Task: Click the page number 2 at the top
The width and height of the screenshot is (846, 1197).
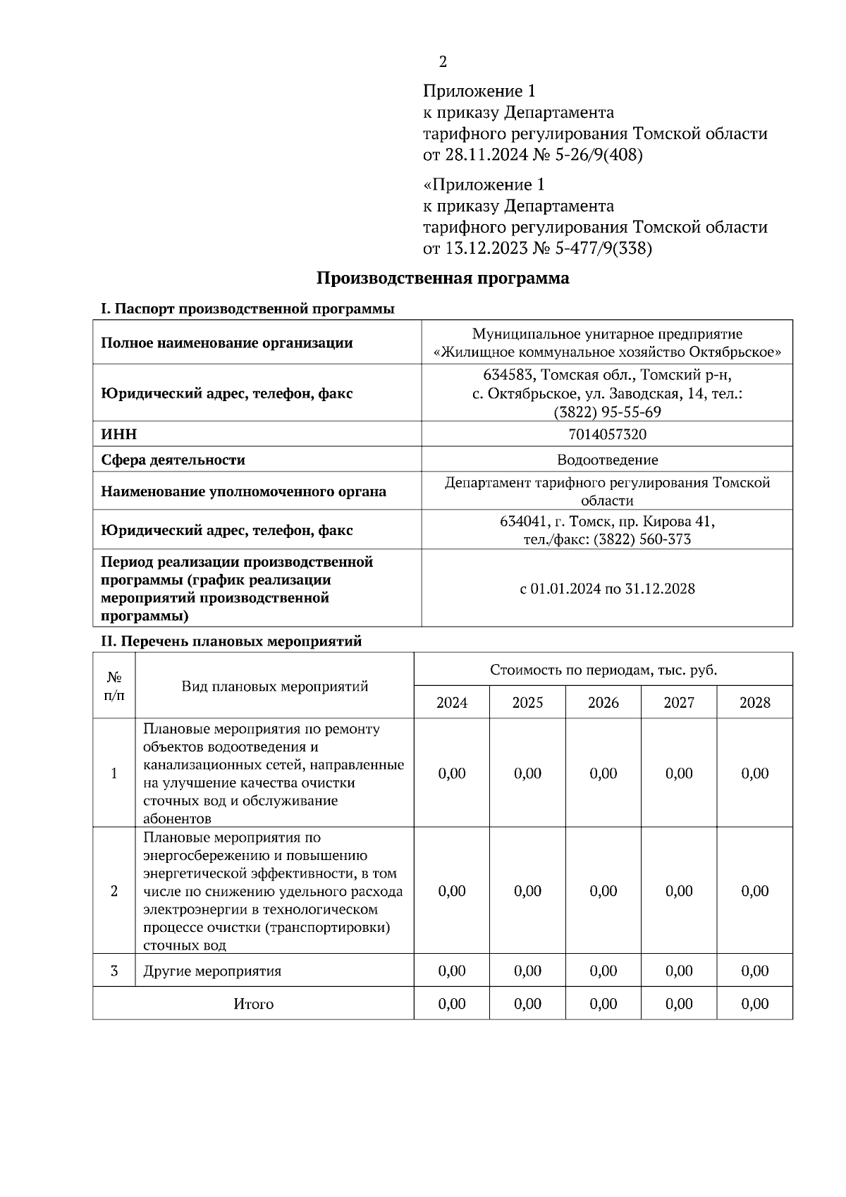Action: pos(443,62)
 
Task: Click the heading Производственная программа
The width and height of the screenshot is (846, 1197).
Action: pos(442,278)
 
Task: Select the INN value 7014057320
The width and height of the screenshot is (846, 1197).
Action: pos(607,434)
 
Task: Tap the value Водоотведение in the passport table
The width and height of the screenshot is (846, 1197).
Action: pos(607,460)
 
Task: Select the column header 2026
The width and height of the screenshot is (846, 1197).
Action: pos(603,702)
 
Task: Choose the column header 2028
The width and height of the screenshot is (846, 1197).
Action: pos(754,702)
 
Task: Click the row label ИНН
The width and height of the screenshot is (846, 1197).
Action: pos(118,434)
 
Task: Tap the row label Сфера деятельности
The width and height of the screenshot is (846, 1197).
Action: pos(173,460)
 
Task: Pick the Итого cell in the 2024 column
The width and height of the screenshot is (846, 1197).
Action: pos(451,1003)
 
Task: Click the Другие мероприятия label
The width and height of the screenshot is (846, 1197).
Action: pos(212,971)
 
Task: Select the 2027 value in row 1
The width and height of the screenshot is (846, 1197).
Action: pos(679,773)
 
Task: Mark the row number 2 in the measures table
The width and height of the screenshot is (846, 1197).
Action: pos(114,891)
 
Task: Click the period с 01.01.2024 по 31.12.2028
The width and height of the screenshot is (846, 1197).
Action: pos(607,589)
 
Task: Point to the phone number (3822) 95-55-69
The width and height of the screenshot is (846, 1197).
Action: pos(607,412)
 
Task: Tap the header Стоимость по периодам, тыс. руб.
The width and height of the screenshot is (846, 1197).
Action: pos(603,670)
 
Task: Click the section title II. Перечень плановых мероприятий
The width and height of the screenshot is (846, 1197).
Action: pos(231,641)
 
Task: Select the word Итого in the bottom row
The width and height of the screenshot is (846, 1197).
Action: pos(253,1003)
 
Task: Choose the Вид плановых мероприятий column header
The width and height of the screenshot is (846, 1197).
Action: pos(275,686)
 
